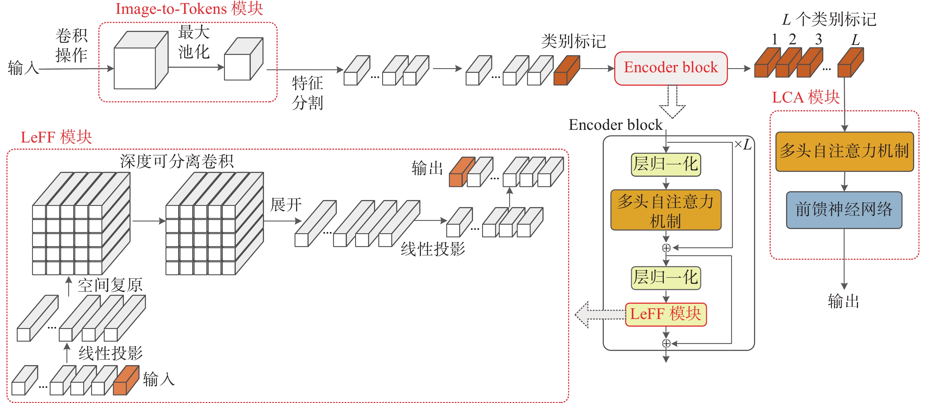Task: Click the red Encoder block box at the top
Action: click(671, 68)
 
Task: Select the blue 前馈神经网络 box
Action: click(844, 210)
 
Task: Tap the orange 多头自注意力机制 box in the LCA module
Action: click(844, 152)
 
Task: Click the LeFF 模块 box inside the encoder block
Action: click(666, 314)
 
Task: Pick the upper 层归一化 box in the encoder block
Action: click(666, 164)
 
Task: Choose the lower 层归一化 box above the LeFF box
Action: click(666, 278)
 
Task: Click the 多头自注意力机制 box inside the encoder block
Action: click(666, 210)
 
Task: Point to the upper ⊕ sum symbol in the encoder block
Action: click(666, 248)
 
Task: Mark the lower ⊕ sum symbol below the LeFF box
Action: click(666, 343)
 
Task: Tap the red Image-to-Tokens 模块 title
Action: click(189, 9)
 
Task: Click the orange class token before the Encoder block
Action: click(566, 71)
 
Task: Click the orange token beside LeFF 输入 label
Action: click(126, 381)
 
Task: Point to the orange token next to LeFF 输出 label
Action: click(461, 173)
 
